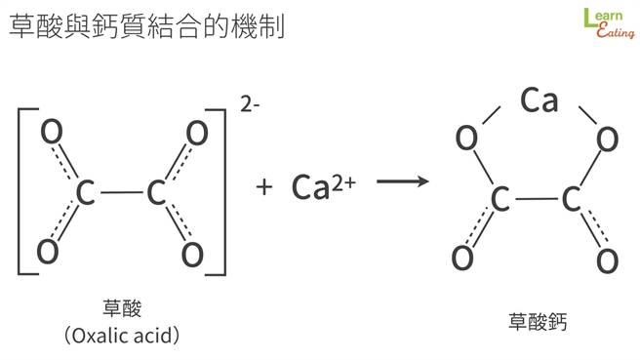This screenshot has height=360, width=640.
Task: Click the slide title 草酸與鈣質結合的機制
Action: click(145, 25)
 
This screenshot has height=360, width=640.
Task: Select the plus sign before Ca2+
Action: click(263, 186)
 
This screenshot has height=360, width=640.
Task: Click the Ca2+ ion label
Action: click(323, 185)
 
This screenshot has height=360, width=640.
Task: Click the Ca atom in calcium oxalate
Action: click(538, 100)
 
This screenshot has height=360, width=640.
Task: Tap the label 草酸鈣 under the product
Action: click(537, 319)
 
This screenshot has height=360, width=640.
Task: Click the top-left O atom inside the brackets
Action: click(55, 132)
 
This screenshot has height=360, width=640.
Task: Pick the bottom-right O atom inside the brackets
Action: click(192, 255)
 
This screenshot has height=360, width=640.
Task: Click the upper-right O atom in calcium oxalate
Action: click(606, 140)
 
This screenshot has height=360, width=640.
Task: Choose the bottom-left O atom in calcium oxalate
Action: click(463, 259)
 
